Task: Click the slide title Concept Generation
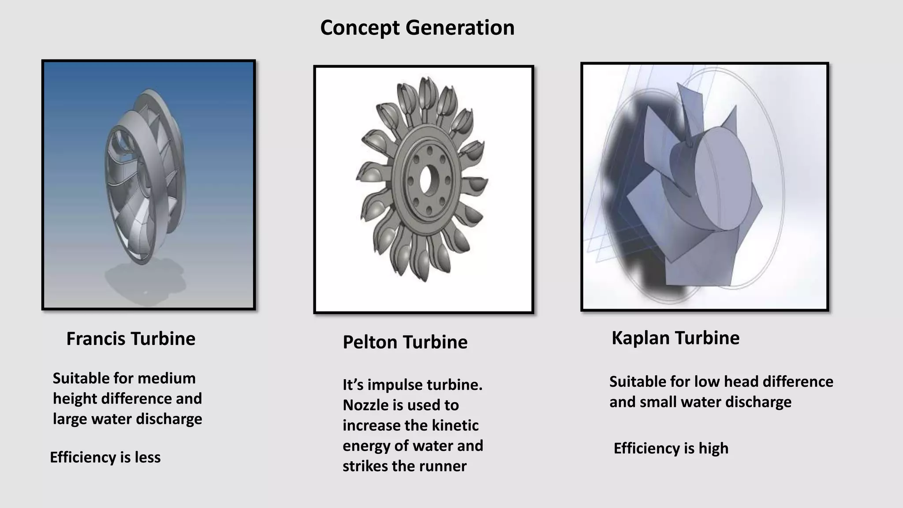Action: click(417, 28)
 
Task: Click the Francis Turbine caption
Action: click(131, 339)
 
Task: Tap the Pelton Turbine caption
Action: click(405, 342)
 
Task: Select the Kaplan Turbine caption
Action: click(675, 338)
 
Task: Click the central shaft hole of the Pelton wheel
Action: click(426, 181)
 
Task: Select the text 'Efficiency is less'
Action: click(105, 457)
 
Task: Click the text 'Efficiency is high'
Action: click(671, 448)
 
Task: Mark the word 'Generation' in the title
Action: click(460, 28)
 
